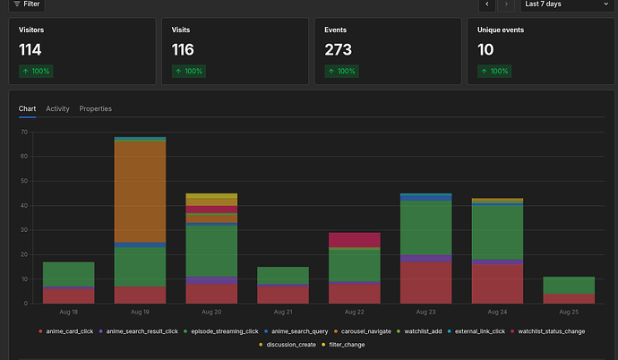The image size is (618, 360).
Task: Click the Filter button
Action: point(27,4)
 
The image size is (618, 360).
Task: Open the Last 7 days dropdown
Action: point(567,4)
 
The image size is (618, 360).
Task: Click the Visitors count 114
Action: point(30,50)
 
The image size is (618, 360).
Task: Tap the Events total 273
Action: point(339,50)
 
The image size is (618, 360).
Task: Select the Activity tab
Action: point(57,108)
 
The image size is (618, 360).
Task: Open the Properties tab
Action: point(95,108)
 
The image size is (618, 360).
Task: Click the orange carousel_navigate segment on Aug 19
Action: point(140,192)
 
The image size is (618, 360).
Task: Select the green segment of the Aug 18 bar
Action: point(69,274)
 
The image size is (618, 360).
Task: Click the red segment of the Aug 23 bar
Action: point(425,283)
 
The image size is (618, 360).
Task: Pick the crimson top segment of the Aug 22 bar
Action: point(355,240)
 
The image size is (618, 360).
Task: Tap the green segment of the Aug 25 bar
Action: point(569,285)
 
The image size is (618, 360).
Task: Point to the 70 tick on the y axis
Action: point(24,132)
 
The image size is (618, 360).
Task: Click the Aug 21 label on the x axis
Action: point(283,312)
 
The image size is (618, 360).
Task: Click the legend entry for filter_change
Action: point(343,345)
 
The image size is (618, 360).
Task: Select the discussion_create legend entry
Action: point(288,345)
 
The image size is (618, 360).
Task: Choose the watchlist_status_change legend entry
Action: point(548,331)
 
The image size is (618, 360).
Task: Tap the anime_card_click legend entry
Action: point(66,331)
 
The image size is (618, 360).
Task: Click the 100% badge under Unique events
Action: point(494,72)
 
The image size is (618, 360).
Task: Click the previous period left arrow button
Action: point(487,4)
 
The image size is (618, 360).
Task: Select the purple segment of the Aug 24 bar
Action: point(497,261)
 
